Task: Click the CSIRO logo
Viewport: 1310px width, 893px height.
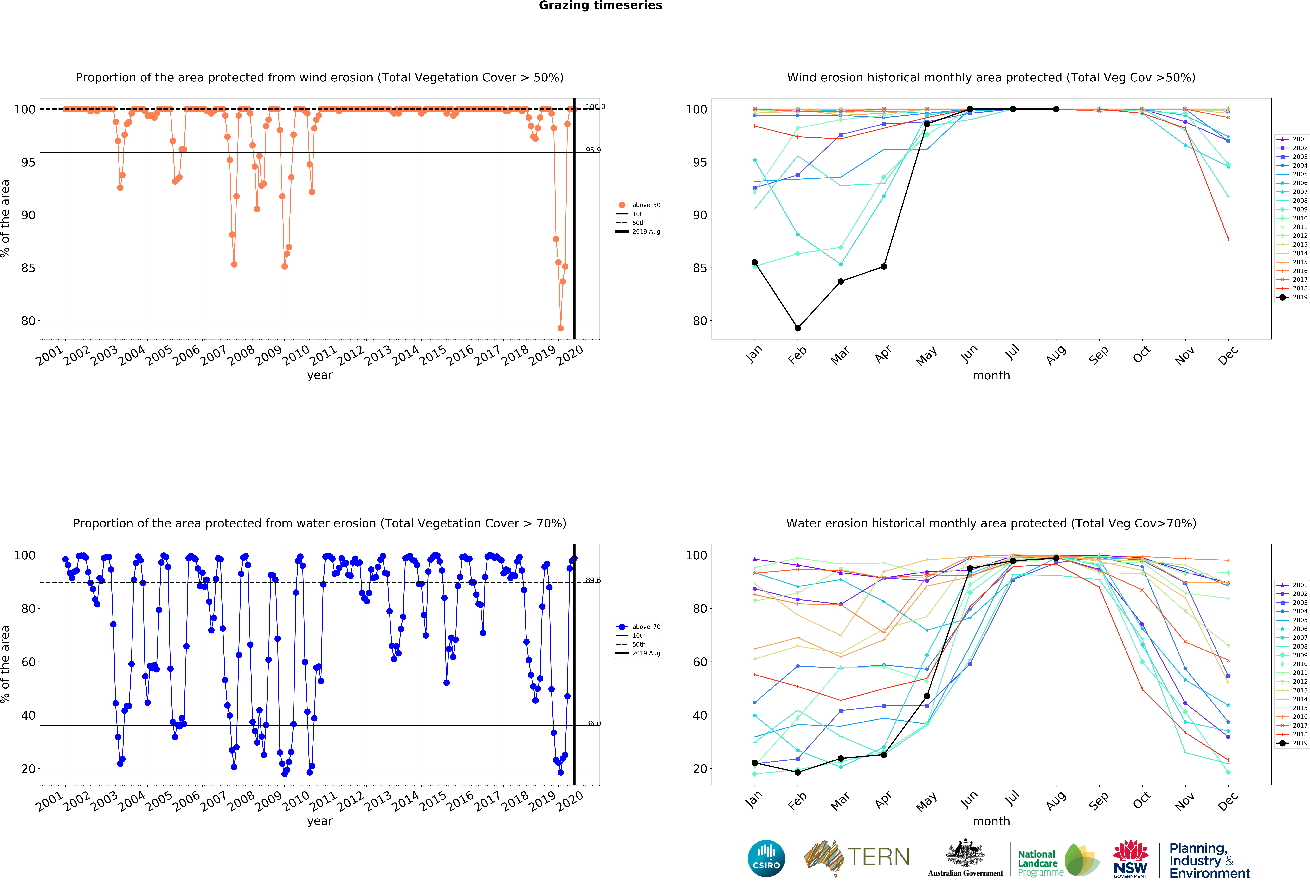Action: click(766, 858)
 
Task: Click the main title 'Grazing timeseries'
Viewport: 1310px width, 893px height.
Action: click(600, 6)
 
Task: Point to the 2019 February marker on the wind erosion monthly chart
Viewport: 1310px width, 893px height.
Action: click(798, 328)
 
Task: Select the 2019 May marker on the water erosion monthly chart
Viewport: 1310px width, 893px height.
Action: click(927, 696)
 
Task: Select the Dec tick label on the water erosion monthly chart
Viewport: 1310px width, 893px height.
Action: click(1228, 801)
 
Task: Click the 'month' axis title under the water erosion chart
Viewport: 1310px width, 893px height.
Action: click(991, 821)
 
